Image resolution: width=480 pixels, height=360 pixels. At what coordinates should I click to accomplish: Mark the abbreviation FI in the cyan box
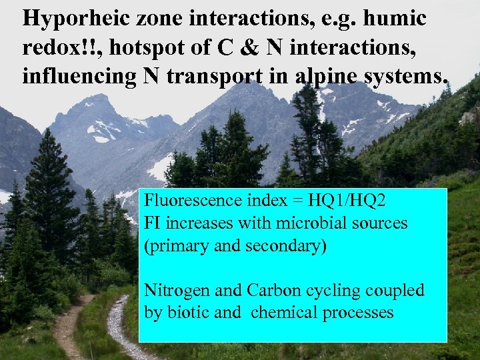pyautogui.click(x=152, y=223)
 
